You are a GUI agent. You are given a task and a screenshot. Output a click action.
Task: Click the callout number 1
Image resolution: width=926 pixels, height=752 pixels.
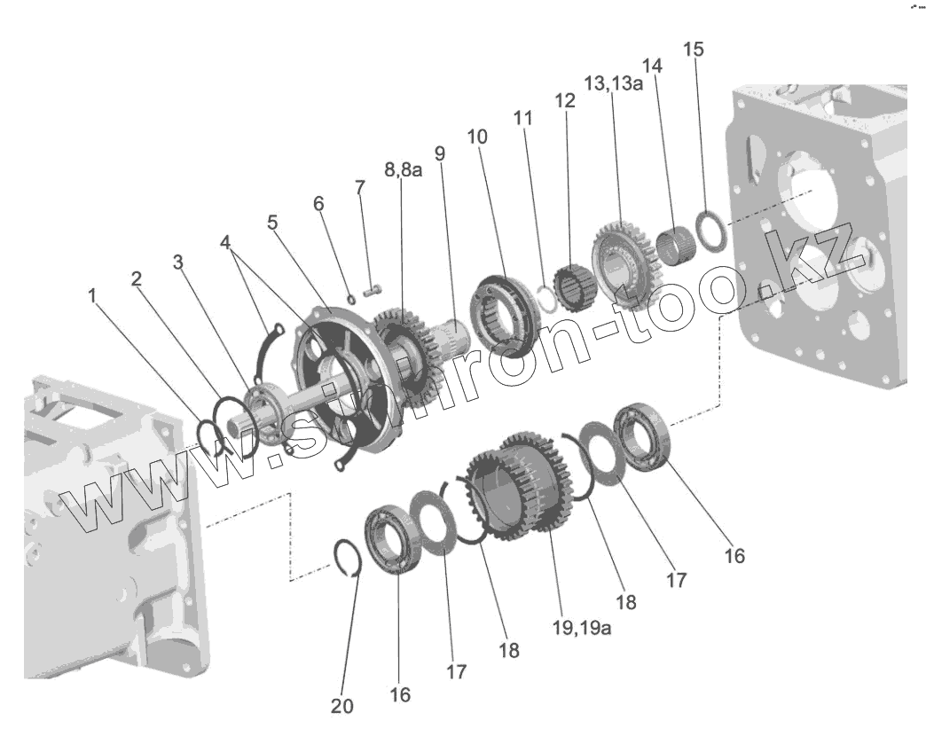click(x=92, y=296)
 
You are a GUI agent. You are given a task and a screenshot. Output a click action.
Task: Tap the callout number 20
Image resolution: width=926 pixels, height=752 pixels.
click(x=341, y=706)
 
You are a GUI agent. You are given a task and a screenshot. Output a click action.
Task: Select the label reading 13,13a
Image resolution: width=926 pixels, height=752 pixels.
click(x=614, y=82)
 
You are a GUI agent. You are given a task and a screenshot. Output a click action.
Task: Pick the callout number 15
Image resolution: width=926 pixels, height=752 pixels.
click(x=694, y=49)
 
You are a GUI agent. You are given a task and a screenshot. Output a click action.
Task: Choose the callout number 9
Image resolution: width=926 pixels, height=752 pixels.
click(x=440, y=153)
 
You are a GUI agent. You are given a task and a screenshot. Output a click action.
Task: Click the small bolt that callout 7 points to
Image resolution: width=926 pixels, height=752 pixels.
click(x=373, y=288)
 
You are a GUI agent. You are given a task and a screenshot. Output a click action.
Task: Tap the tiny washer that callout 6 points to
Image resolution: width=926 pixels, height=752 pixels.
click(x=351, y=299)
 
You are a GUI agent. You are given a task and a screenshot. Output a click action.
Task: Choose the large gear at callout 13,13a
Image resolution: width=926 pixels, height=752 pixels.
click(x=620, y=256)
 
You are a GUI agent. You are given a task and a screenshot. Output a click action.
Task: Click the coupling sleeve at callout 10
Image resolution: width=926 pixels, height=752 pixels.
click(x=502, y=315)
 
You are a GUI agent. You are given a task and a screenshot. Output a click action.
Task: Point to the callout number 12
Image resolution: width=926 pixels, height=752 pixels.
click(x=565, y=100)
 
